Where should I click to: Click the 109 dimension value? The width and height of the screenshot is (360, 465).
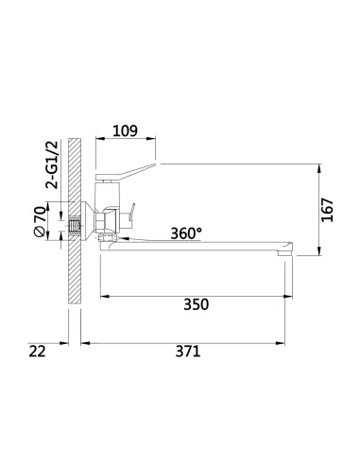coord(127,131)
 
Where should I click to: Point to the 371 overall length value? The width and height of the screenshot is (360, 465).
coord(188,351)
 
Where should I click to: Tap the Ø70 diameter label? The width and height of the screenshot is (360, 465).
coord(40,221)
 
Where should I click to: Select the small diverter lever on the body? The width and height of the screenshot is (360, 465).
coord(133,213)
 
